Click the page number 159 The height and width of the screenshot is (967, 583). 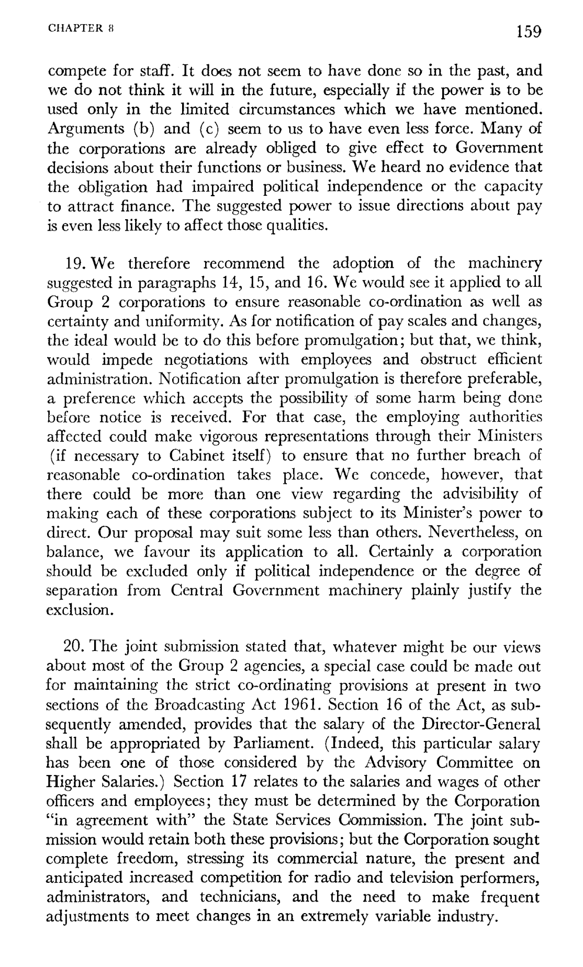pos(526,32)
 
